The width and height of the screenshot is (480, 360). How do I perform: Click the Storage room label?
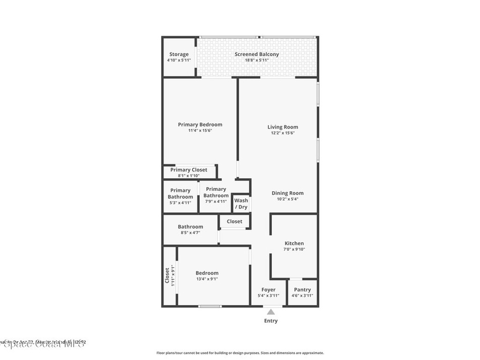pos(179,54)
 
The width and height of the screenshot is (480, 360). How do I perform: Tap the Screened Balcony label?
pos(256,54)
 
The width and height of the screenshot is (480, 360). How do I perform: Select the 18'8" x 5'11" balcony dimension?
pos(256,60)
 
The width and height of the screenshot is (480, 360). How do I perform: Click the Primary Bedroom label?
pos(200,125)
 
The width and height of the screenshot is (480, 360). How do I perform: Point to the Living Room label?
pos(283,127)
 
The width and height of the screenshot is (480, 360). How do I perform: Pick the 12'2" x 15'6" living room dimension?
pos(283,133)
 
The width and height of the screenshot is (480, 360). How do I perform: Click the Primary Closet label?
pos(188,170)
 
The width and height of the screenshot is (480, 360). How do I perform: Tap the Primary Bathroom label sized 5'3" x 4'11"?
pos(180,194)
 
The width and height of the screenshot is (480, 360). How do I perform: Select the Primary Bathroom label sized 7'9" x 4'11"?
pos(216,192)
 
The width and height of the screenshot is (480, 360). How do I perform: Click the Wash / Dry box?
pos(241,204)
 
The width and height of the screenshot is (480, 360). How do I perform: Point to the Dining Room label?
pos(287,193)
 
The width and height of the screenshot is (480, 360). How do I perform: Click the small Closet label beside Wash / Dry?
pos(234,221)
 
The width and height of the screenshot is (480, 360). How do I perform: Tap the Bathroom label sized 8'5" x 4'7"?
pos(190,227)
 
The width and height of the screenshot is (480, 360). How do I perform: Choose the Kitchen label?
pos(294,243)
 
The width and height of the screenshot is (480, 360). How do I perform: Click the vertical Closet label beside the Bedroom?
pos(167,275)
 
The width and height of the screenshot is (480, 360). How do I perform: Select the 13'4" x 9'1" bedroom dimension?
pos(207,279)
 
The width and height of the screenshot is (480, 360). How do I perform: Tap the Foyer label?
pos(268,290)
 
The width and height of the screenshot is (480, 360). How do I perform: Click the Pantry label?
pos(302,290)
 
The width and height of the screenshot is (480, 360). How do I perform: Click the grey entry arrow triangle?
pos(270,312)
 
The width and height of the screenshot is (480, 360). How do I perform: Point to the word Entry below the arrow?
pos(270,321)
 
